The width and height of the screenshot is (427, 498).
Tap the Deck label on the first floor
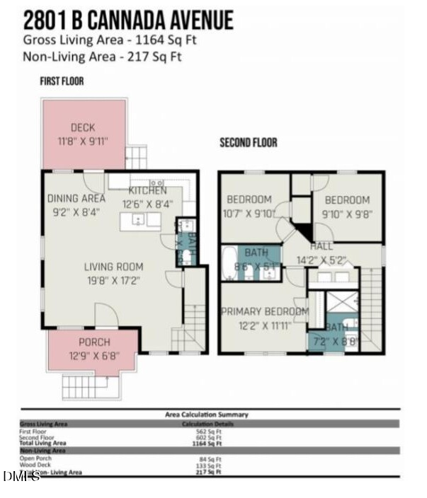pos(83,128)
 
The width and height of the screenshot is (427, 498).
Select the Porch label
pos(94,342)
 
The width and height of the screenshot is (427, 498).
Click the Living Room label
pos(113,267)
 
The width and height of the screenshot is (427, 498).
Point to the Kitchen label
pos(147,191)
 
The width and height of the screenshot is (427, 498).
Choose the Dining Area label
pos(76,199)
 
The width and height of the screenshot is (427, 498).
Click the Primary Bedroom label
pos(264,311)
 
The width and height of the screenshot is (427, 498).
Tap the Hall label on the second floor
pos(321,246)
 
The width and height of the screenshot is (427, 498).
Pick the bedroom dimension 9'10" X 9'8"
pos(346,212)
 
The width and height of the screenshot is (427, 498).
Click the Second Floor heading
pos(248,143)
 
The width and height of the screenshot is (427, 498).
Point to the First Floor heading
pos(62,81)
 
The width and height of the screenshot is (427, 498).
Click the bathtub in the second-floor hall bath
pos(230,263)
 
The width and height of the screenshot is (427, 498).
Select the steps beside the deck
pos(136,157)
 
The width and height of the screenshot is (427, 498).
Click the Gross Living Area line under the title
pos(110,40)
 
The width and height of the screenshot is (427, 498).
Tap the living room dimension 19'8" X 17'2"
pos(113,280)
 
